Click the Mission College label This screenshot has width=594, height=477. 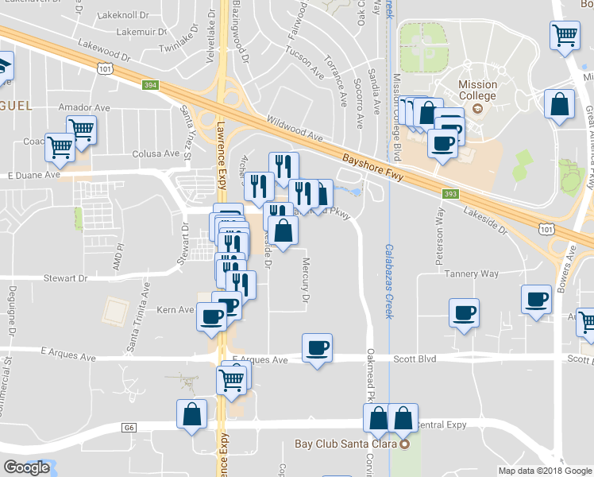477,91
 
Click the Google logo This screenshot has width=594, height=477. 26,467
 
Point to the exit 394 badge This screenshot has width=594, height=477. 151,84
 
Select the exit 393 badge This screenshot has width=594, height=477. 451,192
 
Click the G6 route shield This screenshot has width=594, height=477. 128,427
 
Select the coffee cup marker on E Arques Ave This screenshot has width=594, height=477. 317,348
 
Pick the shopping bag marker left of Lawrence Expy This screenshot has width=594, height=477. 191,414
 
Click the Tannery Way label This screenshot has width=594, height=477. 472,273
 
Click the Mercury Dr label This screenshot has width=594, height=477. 304,281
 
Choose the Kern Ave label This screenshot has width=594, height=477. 175,309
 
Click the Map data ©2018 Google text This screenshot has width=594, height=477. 544,471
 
